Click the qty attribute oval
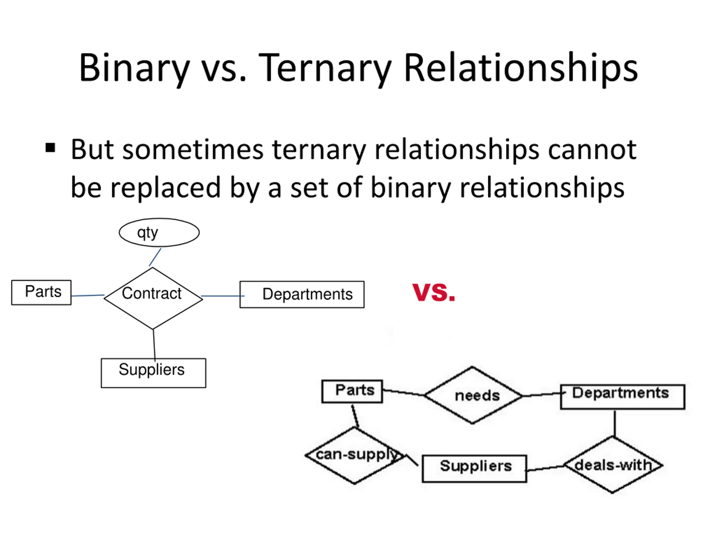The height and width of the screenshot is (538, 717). (159, 232)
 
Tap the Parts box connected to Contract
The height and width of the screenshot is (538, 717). (41, 292)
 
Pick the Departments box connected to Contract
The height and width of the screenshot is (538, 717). (302, 294)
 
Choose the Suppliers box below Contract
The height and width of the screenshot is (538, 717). (153, 373)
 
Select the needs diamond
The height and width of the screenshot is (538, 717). (473, 395)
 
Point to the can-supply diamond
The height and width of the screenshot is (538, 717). (355, 455)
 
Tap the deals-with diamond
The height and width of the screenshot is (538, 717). (613, 465)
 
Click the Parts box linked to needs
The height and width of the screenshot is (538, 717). (352, 391)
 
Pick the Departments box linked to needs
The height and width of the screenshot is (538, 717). (622, 396)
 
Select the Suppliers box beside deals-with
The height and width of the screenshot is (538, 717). (474, 468)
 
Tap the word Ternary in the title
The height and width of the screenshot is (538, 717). (325, 68)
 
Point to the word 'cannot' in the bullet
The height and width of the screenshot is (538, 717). (592, 150)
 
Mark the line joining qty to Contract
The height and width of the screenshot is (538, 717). (155, 257)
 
